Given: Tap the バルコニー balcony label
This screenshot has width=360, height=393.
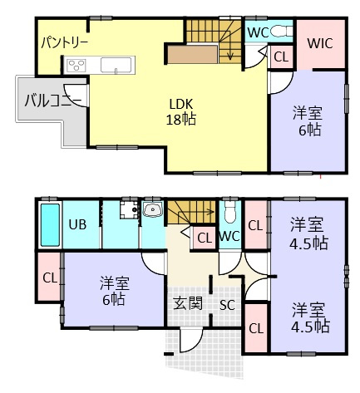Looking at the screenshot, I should pyautogui.click(x=52, y=102).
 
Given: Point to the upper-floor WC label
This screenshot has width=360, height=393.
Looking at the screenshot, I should pyautogui.click(x=258, y=32).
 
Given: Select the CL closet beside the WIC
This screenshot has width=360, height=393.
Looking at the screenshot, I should pyautogui.click(x=281, y=57).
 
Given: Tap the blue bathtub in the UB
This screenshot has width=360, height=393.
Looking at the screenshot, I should pyautogui.click(x=50, y=225).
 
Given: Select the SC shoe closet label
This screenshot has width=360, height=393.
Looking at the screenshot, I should pyautogui.click(x=227, y=304).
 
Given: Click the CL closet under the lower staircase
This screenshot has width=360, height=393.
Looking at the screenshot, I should pyautogui.click(x=203, y=238).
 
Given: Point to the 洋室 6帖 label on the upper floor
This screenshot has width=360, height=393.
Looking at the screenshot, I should pyautogui.click(x=307, y=121).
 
